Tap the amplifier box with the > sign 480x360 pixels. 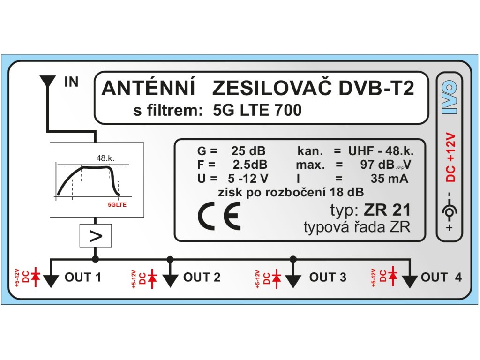pyautogui.click(x=96, y=236)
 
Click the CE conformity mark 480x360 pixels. pyautogui.click(x=218, y=216)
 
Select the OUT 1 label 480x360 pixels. pyautogui.click(x=83, y=277)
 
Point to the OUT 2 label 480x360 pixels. pyautogui.click(x=202, y=277)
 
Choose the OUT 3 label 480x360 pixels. pyautogui.click(x=328, y=277)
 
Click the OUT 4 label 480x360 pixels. pyautogui.click(x=441, y=277)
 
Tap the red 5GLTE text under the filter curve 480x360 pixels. pyautogui.click(x=118, y=205)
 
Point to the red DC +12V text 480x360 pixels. pyautogui.click(x=450, y=157)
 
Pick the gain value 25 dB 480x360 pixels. pyautogui.click(x=248, y=152)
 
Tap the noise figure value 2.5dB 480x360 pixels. pyautogui.click(x=250, y=165)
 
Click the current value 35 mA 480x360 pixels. pyautogui.click(x=389, y=179)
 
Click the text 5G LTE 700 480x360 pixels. pyautogui.click(x=257, y=110)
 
